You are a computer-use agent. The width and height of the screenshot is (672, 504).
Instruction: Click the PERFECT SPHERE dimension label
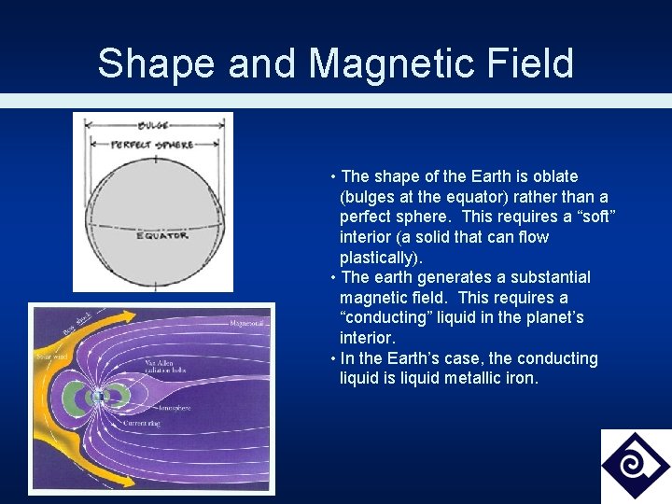click(152, 145)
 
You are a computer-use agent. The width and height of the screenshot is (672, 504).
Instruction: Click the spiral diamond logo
click(635, 465)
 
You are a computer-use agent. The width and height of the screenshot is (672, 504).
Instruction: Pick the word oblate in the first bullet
click(554, 176)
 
